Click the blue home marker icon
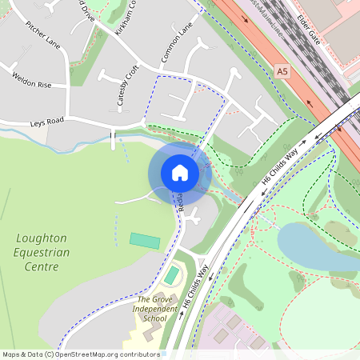click(180, 173)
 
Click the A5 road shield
click(282, 71)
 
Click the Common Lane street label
click(178, 45)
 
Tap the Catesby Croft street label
click(122, 86)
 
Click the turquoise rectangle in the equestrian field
click(145, 240)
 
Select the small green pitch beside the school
click(172, 275)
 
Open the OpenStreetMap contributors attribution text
click(81, 354)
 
